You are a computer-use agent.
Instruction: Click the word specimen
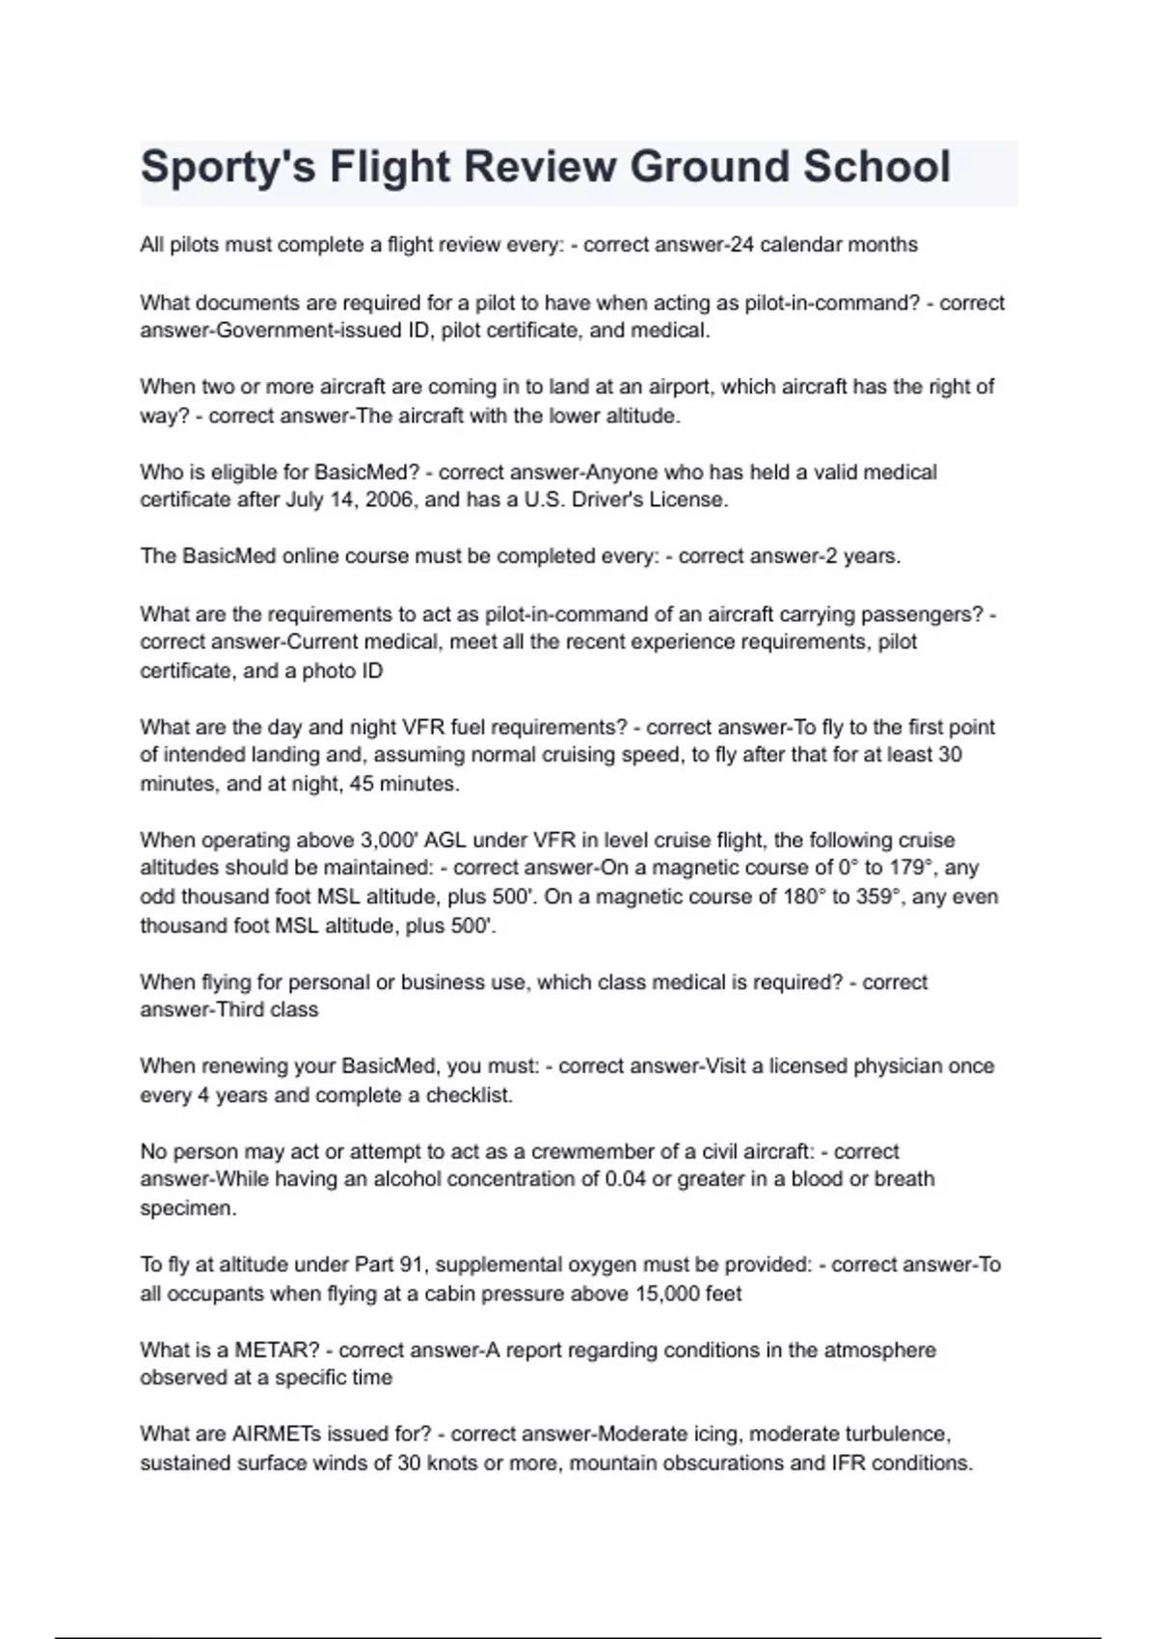click(188, 1208)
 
